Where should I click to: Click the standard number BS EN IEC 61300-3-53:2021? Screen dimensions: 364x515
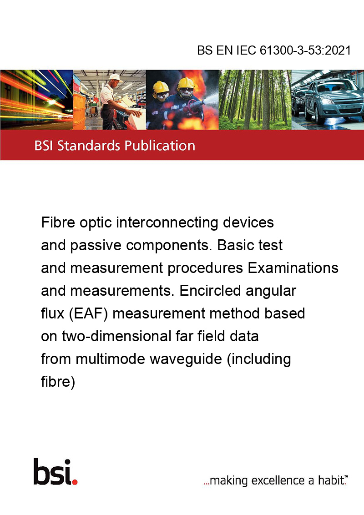coord(274,50)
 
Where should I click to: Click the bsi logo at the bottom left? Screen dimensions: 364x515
coord(56,472)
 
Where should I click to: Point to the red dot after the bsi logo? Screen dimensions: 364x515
coord(75,482)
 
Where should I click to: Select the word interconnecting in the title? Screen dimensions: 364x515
coord(167,223)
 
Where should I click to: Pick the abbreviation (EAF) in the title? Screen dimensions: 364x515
coord(88,313)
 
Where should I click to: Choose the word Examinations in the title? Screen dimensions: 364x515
coord(293,268)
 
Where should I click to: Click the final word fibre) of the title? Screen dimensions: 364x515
coord(58,382)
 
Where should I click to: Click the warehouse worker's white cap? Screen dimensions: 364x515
coord(115,77)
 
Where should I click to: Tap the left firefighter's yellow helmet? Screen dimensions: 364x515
coord(161,87)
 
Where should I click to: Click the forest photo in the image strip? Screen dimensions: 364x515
coord(255,100)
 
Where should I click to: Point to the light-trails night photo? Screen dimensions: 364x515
coord(36,100)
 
